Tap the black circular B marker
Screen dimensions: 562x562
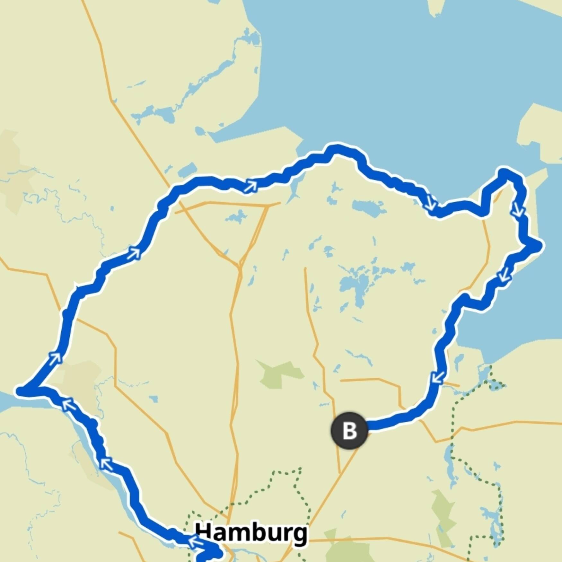pos(349,430)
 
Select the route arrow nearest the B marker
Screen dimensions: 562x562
pos(438,377)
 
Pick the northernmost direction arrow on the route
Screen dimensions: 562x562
pos(250,186)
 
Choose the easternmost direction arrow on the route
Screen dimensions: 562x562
pos(518,210)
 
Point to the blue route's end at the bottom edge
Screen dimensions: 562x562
pos(201,559)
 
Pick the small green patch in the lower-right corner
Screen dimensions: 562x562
pos(443,507)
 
